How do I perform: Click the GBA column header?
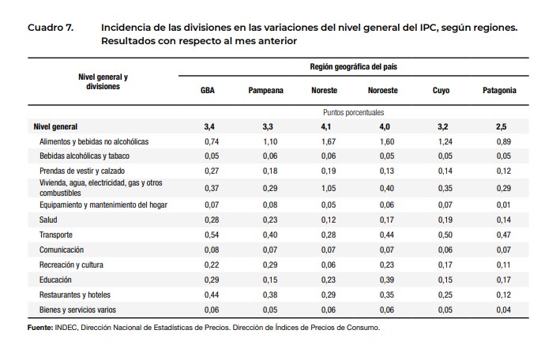(x=209, y=91)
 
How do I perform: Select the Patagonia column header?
(x=499, y=91)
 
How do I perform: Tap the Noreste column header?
(x=325, y=91)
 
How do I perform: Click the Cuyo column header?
(x=441, y=91)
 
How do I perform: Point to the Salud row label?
(x=49, y=220)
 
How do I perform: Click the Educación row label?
(x=55, y=279)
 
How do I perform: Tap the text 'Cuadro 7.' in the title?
(x=51, y=28)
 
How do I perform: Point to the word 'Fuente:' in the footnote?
(x=40, y=328)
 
